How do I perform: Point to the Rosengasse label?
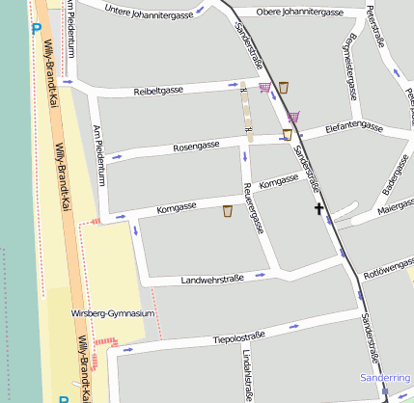[x=196, y=146]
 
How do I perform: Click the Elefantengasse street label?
[x=356, y=124]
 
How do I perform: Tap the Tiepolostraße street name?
[x=238, y=337]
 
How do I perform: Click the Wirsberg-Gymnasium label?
[x=113, y=313]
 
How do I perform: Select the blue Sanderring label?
[x=384, y=378]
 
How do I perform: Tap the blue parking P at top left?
[x=36, y=28]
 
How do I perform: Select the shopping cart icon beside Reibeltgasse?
[x=264, y=88]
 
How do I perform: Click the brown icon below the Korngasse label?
[x=228, y=211]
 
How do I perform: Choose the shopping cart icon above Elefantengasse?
[x=293, y=117]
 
